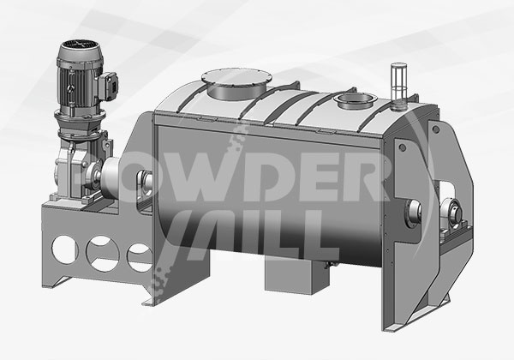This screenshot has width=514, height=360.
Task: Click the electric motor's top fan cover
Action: (x=81, y=49)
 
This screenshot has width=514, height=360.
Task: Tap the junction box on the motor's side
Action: (x=110, y=87)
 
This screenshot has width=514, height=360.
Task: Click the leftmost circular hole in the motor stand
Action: (x=65, y=249)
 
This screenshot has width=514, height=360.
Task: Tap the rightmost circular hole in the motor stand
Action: (x=140, y=258)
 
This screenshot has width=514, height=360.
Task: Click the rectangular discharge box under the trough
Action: (x=296, y=276)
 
